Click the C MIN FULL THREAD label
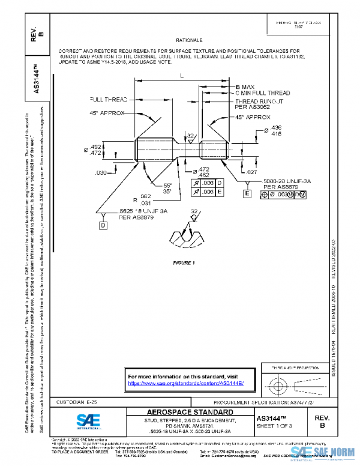tap(262, 94)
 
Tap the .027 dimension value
tap(252, 172)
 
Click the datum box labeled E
tap(247, 193)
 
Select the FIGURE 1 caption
tap(184, 263)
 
